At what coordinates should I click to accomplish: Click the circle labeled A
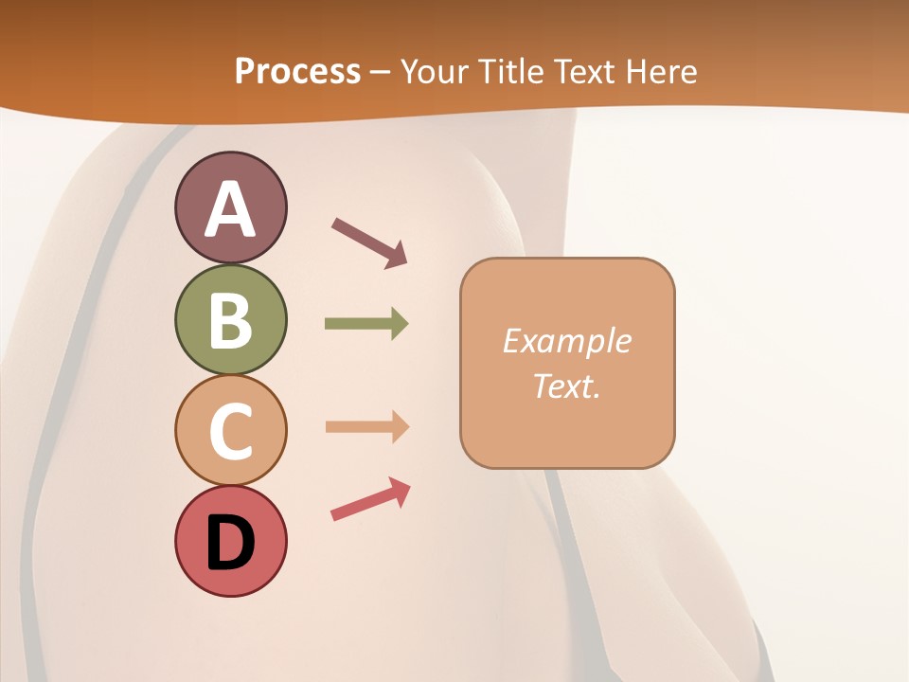click(x=230, y=207)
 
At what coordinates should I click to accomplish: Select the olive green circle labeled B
click(x=230, y=319)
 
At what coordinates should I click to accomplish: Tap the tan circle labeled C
click(x=230, y=430)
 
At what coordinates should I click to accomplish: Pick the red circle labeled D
click(x=230, y=541)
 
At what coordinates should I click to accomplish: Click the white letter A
click(x=230, y=209)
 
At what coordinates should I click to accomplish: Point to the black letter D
click(x=230, y=543)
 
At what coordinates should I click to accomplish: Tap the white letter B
click(x=230, y=320)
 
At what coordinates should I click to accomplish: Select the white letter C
click(x=230, y=431)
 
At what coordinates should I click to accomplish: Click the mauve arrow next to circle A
click(x=369, y=242)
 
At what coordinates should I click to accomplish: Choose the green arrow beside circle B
click(x=366, y=324)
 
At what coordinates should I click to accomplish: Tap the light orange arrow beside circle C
click(x=366, y=427)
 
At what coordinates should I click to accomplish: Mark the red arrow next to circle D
click(x=370, y=500)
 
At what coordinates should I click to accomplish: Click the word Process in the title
click(x=297, y=72)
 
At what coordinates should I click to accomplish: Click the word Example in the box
click(x=566, y=341)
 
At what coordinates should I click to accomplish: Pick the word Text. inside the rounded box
click(x=566, y=386)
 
